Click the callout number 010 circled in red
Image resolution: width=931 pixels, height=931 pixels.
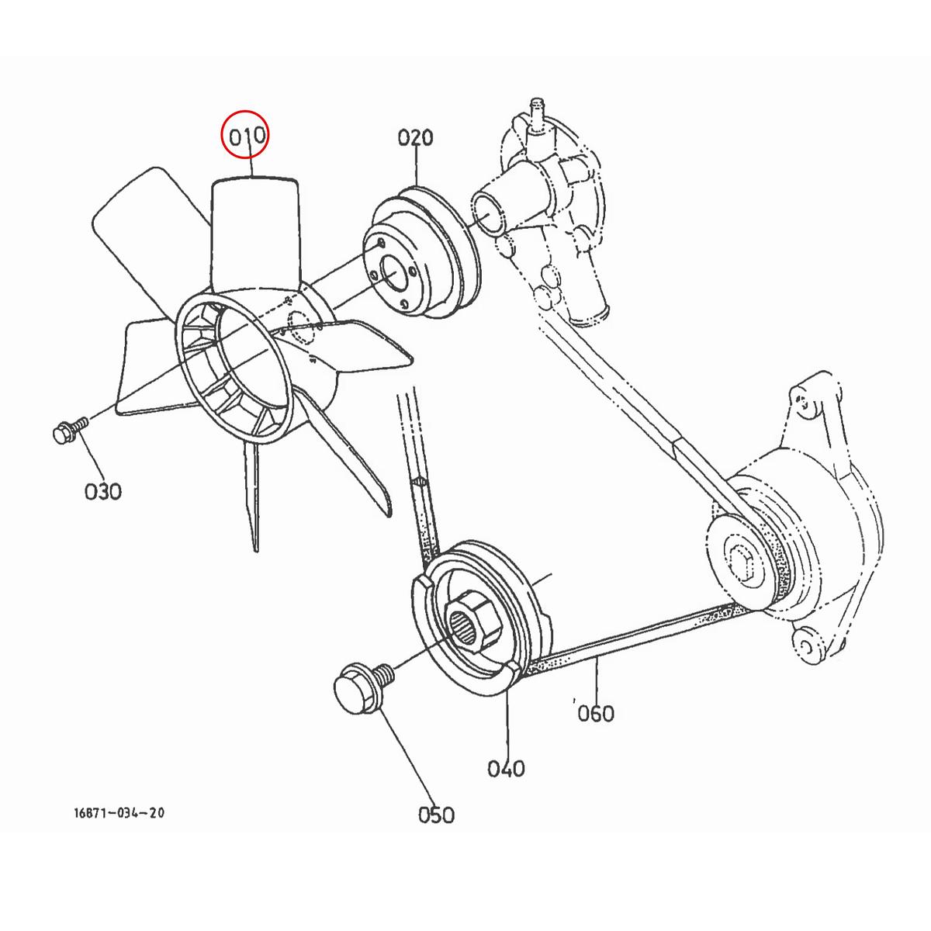click(x=246, y=136)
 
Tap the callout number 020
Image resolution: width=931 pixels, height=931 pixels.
click(x=416, y=138)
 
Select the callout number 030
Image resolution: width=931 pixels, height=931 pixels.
click(x=103, y=491)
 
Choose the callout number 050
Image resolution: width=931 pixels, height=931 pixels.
click(x=436, y=815)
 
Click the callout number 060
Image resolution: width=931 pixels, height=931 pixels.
click(x=596, y=712)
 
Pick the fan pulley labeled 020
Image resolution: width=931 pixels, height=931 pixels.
click(x=423, y=256)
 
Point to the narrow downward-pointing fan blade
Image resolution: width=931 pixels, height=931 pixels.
click(x=253, y=497)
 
